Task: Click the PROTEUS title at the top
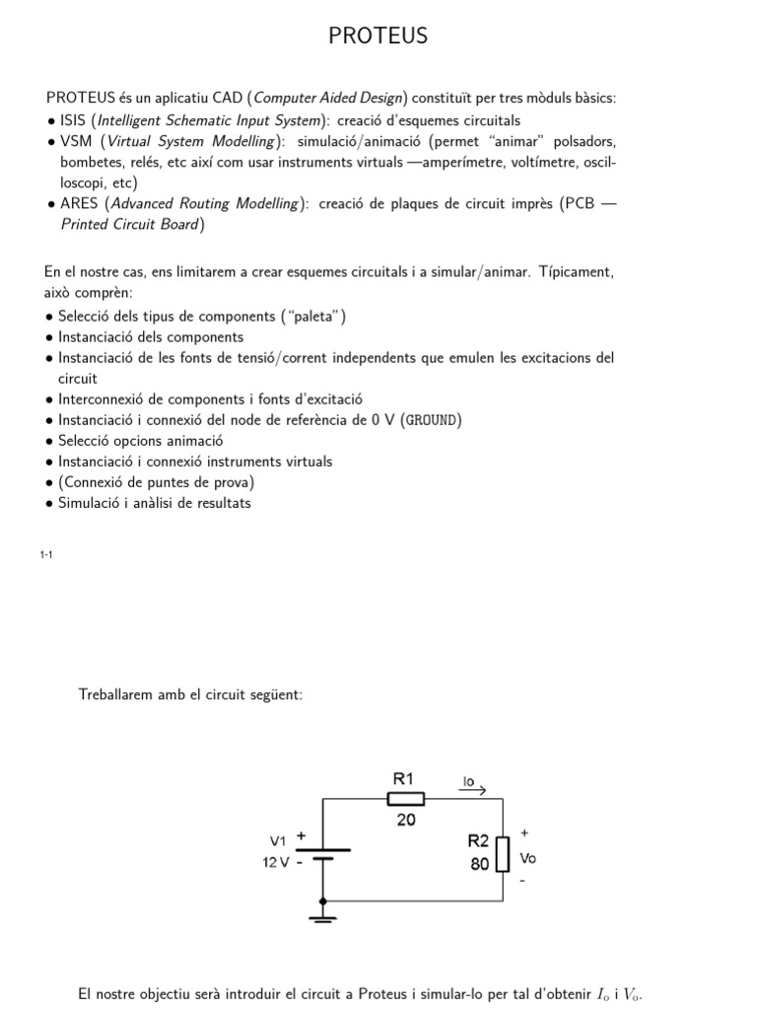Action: [x=378, y=36]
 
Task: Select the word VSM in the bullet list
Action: [x=77, y=141]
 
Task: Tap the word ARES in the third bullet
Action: [x=81, y=203]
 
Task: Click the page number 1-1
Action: [x=46, y=555]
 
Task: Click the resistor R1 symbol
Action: [x=406, y=799]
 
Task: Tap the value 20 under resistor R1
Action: [x=406, y=819]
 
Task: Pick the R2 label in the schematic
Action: [x=478, y=841]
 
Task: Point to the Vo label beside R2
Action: [x=527, y=858]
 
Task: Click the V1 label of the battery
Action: [x=278, y=841]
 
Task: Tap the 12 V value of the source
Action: [x=276, y=861]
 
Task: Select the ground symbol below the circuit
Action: [x=323, y=917]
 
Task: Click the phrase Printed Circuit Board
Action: [x=131, y=224]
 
